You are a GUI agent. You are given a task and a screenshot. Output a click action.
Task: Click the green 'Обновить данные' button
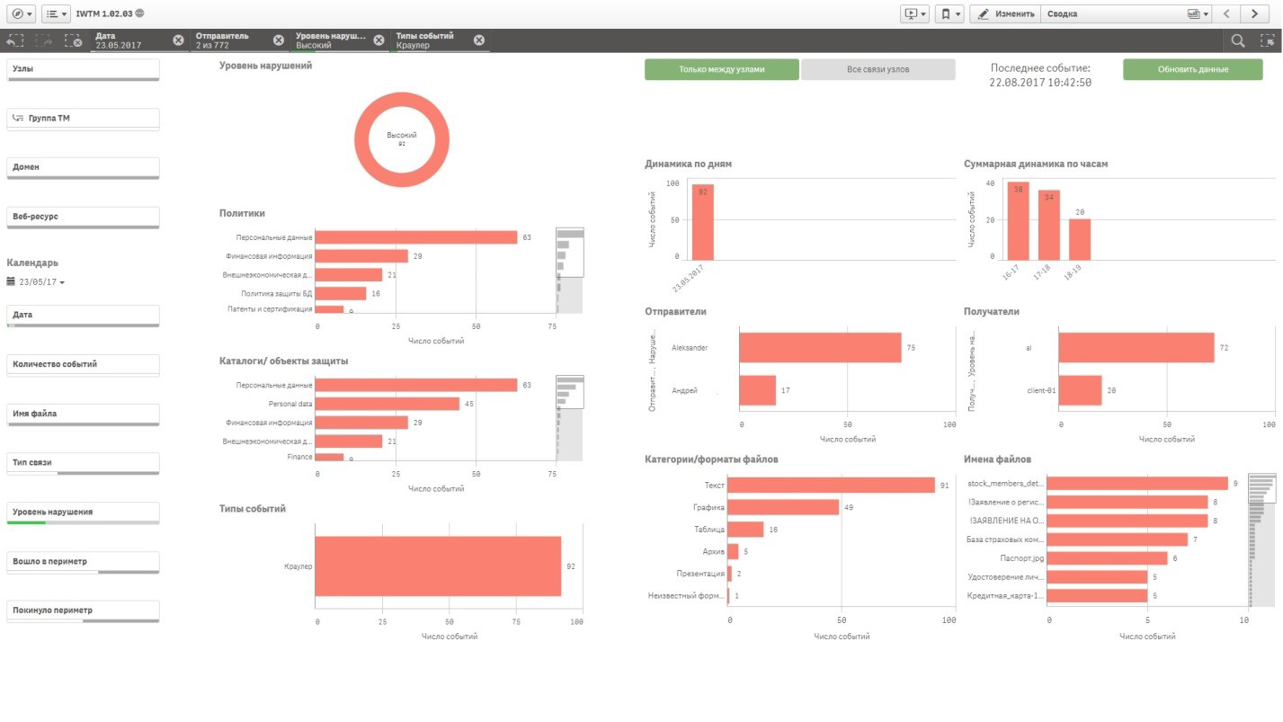1180,70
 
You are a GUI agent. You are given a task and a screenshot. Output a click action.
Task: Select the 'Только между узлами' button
721,70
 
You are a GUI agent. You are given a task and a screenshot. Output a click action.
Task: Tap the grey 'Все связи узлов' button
878,70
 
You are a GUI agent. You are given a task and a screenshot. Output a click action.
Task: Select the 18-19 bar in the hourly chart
1079,239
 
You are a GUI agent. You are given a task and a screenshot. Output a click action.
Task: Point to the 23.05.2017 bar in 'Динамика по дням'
702,223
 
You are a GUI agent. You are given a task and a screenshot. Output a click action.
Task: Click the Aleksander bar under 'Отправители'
819,347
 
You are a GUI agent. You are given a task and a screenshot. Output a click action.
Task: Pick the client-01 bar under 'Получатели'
1080,390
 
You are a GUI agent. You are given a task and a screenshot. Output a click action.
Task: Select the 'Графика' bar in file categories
782,507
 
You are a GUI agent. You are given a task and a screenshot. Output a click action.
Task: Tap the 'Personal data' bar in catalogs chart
388,404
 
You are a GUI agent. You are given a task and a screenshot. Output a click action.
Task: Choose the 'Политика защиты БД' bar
341,293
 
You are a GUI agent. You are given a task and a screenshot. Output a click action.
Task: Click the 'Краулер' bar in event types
438,566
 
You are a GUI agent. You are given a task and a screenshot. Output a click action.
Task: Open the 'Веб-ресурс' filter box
83,217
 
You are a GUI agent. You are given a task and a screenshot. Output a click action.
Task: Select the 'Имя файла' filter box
83,414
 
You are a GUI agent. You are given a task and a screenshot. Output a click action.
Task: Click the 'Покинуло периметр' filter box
83,611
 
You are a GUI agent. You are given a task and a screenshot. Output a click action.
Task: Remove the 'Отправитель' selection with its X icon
279,40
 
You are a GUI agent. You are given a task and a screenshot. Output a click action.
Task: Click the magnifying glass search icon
1238,40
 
